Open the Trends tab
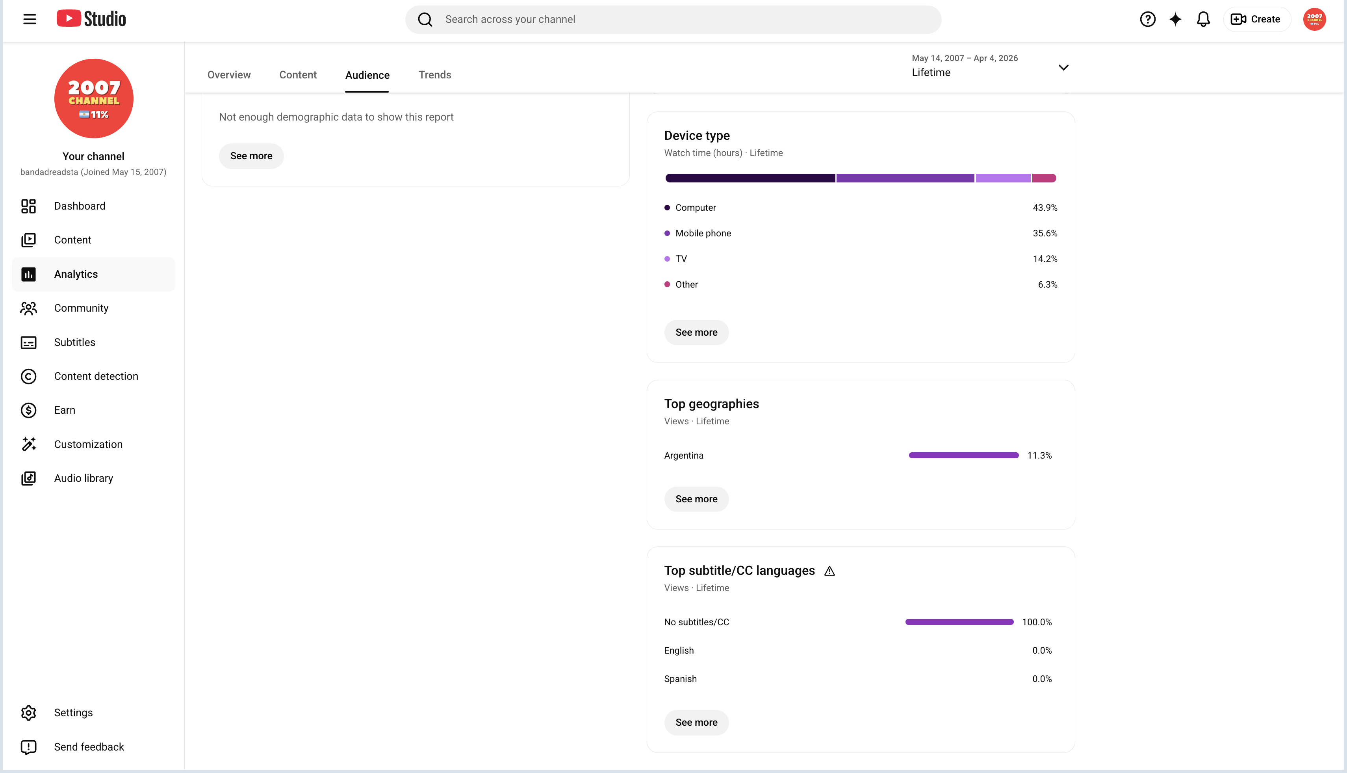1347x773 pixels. [x=435, y=75]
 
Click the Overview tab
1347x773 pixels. [x=229, y=75]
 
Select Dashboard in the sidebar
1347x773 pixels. [x=80, y=206]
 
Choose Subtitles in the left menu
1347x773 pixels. [x=75, y=342]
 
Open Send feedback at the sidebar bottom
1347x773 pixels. [x=89, y=747]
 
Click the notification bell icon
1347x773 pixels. [x=1203, y=20]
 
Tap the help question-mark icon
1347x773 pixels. [x=1147, y=20]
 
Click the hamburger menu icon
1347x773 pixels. [x=30, y=20]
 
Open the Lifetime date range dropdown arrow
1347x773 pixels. [x=1063, y=67]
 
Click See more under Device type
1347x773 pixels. [x=696, y=333]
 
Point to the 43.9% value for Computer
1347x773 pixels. [x=1045, y=208]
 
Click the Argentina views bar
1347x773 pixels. [x=964, y=455]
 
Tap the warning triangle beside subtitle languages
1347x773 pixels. [x=829, y=571]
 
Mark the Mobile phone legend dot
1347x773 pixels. [x=667, y=234]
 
